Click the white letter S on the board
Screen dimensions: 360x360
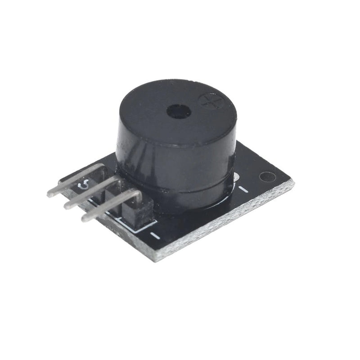(x=83, y=184)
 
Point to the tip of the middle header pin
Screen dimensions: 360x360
(x=67, y=207)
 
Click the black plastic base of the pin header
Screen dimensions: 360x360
(x=135, y=211)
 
